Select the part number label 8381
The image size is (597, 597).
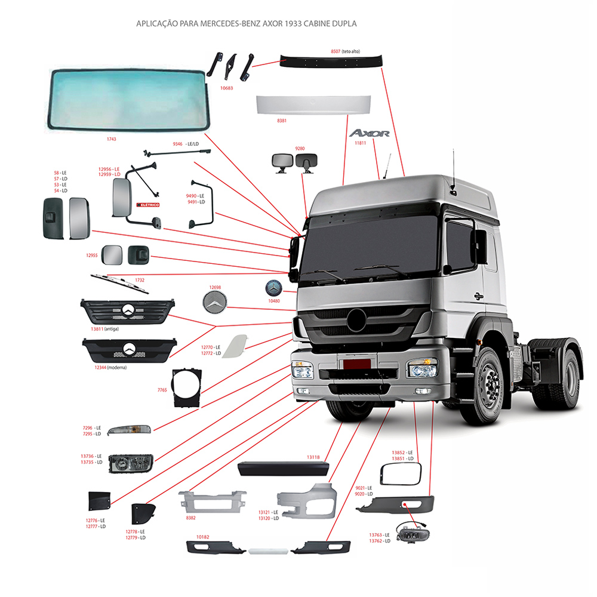point(282,121)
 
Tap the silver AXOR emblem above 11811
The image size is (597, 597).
point(370,133)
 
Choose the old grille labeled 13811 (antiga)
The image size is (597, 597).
point(128,311)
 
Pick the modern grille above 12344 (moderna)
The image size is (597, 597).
point(130,350)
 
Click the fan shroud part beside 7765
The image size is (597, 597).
point(187,388)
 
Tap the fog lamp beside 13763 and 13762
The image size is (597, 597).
point(413,533)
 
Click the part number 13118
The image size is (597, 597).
point(313,457)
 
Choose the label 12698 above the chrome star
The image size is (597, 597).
point(215,287)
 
